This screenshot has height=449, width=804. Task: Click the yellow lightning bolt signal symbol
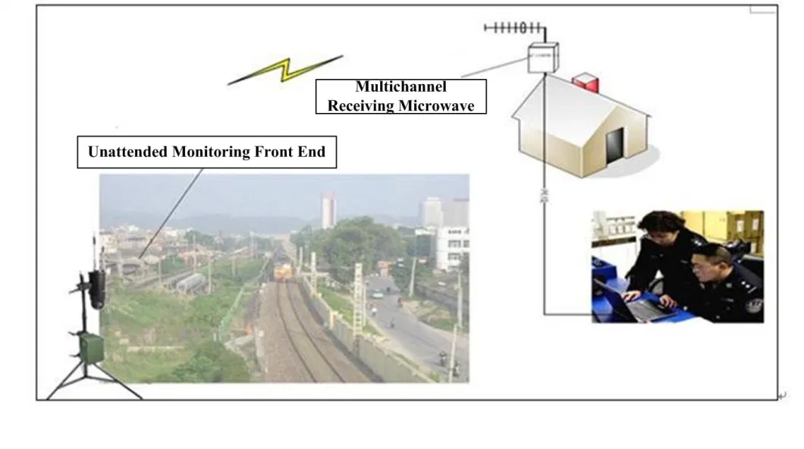click(286, 70)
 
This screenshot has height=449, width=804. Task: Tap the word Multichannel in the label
click(400, 87)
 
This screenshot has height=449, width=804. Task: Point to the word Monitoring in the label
click(209, 152)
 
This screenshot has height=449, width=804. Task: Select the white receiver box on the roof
click(543, 57)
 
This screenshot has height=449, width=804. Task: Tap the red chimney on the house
click(585, 82)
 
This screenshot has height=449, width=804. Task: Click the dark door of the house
click(614, 145)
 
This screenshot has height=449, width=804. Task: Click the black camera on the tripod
click(96, 287)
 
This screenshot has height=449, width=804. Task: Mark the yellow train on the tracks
click(281, 271)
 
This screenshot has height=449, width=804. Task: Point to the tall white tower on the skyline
click(329, 210)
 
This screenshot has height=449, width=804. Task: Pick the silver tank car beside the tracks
click(190, 283)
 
